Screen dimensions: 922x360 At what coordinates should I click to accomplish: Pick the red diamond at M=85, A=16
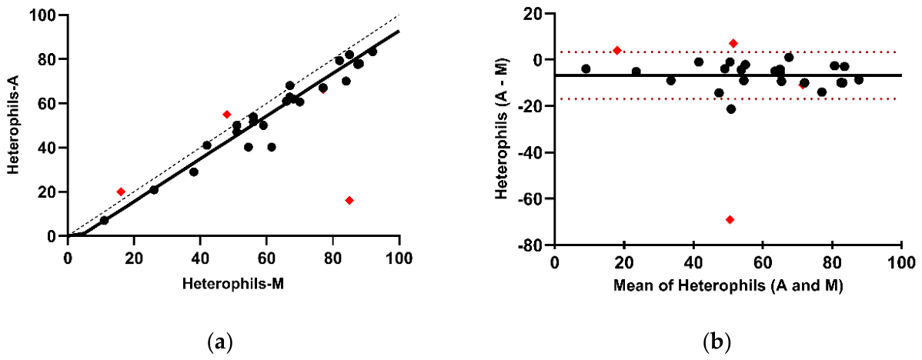(x=349, y=200)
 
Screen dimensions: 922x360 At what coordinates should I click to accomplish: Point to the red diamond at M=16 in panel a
(x=121, y=192)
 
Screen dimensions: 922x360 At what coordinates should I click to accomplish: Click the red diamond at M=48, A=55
(x=227, y=115)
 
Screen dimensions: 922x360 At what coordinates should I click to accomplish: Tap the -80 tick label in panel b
(x=532, y=245)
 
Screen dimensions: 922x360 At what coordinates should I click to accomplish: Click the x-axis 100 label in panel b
(x=901, y=265)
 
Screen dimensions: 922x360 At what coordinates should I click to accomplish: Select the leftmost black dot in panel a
(x=104, y=220)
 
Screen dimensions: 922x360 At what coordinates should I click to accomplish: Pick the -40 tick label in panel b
(x=532, y=152)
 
